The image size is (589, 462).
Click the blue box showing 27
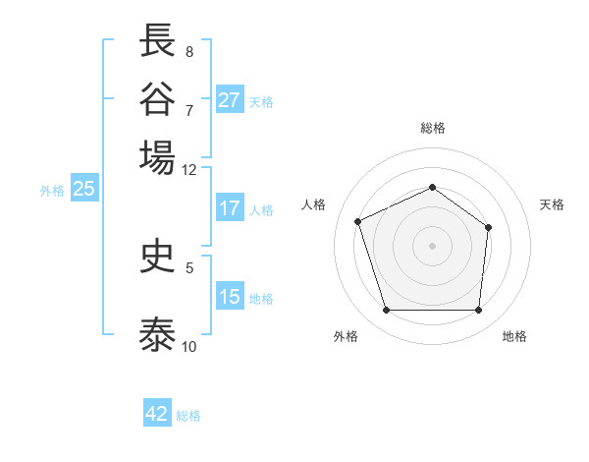pos(230,100)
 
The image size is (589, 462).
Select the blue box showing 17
pos(230,208)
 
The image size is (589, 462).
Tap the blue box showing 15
pos(230,297)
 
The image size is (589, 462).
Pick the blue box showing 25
pos(83,189)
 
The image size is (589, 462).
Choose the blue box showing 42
pos(157,414)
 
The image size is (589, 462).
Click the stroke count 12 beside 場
pos(189,169)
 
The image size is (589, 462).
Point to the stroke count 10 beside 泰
pos(189,346)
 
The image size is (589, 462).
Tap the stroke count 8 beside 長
pos(189,51)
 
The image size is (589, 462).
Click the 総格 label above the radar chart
pos(433,128)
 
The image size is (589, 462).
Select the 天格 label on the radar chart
pos(553,204)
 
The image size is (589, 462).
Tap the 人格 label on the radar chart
pos(314,204)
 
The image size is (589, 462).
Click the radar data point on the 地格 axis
pos(479,311)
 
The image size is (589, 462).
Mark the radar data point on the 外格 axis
pos(386,311)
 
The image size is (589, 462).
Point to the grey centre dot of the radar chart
pos(433,245)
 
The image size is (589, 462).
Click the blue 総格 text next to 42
pos(189,416)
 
